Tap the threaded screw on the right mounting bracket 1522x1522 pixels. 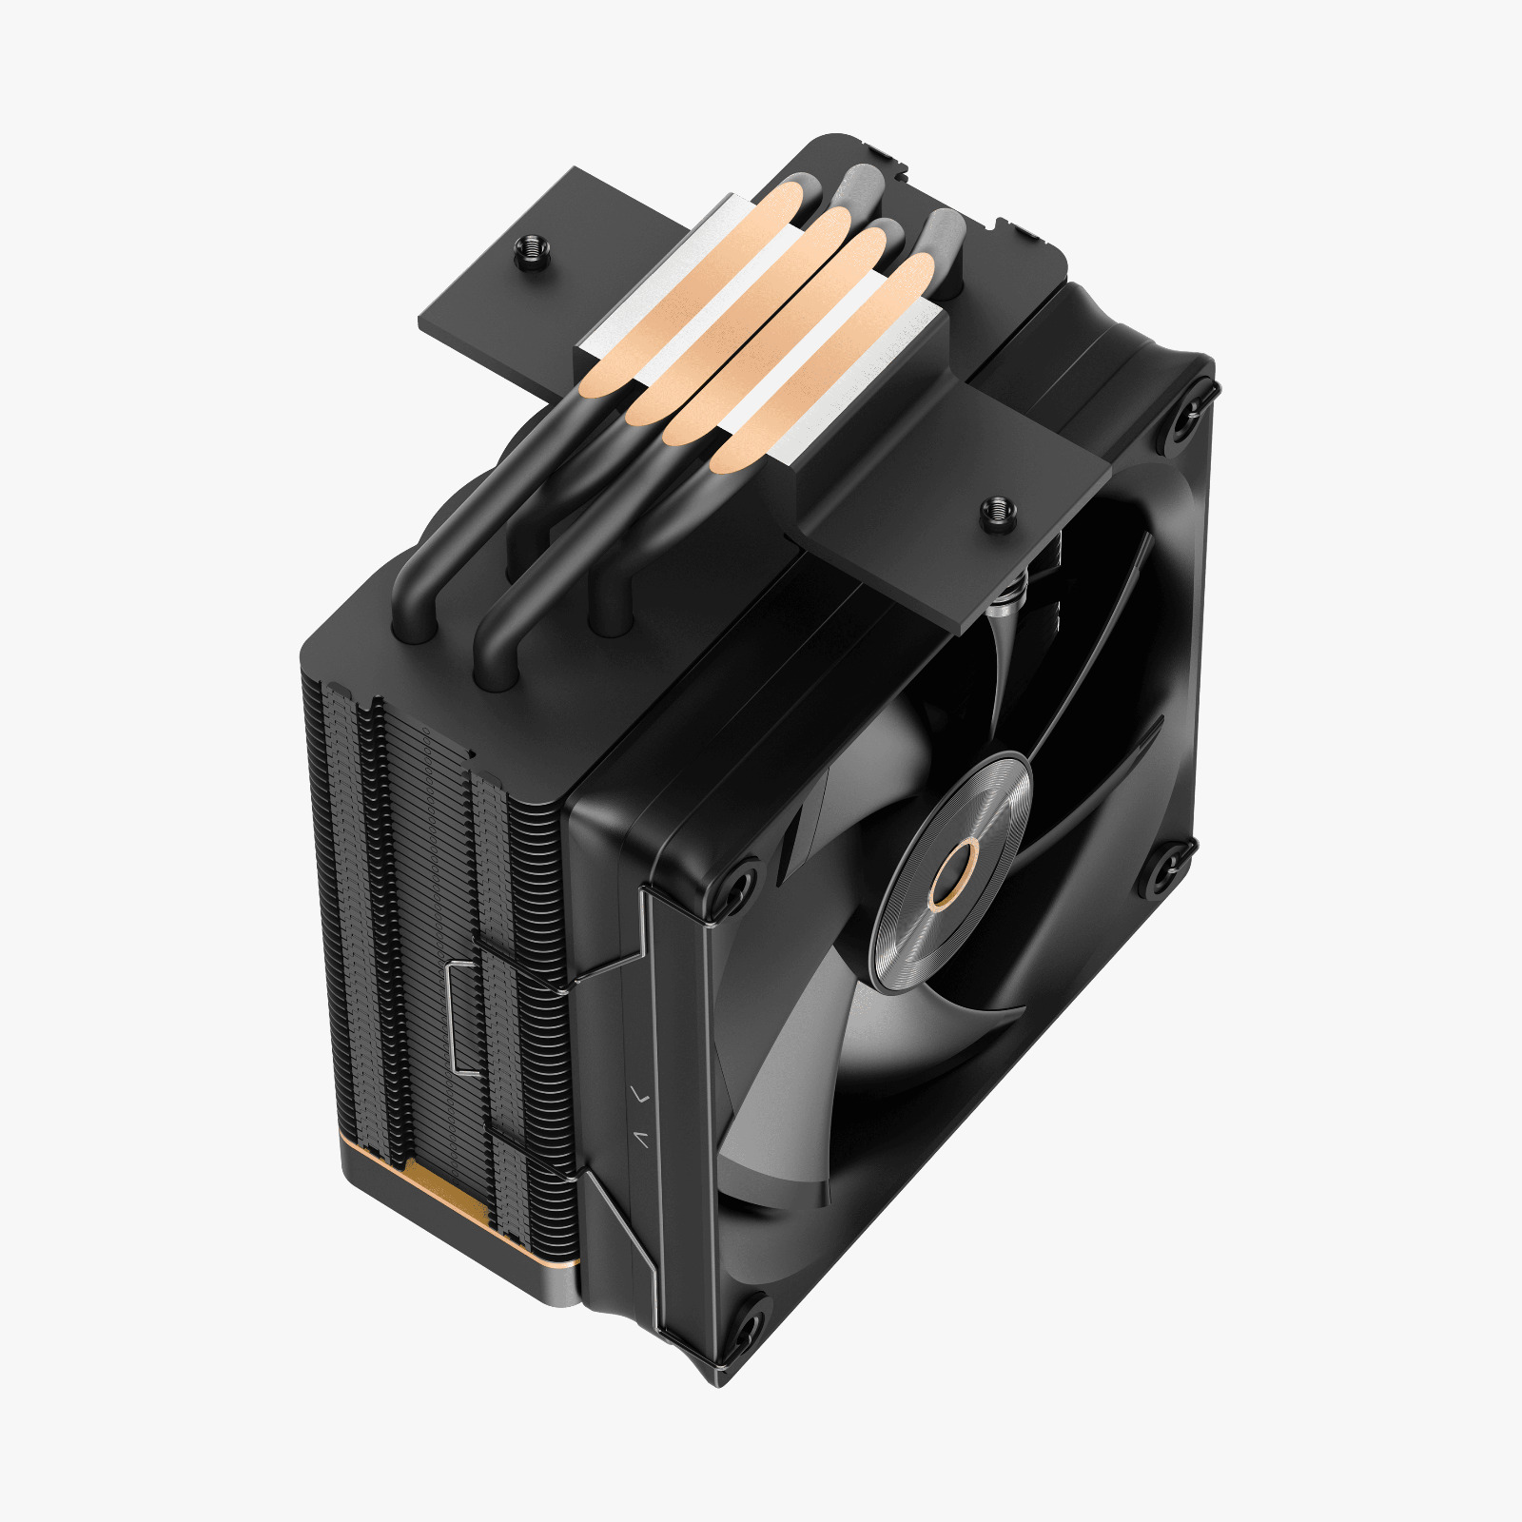pos(998,512)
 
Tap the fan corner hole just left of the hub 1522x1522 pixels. pos(737,882)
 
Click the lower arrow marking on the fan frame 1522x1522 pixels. pos(644,1137)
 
